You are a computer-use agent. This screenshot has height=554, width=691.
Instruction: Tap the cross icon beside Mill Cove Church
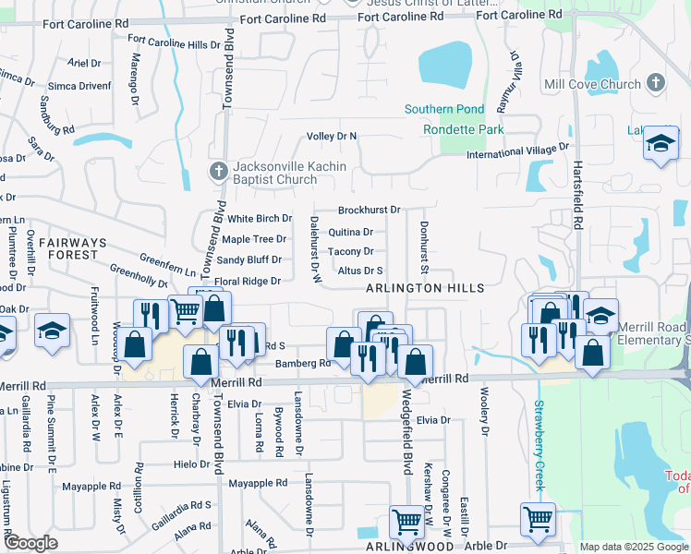click(x=655, y=83)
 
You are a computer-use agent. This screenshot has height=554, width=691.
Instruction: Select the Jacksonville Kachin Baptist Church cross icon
click(x=218, y=171)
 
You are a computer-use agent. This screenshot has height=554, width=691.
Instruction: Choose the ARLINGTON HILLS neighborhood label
click(x=425, y=289)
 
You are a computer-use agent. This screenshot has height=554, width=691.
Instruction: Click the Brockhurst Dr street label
click(x=369, y=211)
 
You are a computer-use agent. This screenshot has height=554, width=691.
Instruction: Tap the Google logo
click(x=30, y=543)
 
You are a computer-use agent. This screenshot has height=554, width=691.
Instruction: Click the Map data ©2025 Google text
click(x=633, y=547)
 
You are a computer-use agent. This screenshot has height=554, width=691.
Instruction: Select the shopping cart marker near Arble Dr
click(x=538, y=519)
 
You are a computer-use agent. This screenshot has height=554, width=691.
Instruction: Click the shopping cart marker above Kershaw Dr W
click(x=406, y=523)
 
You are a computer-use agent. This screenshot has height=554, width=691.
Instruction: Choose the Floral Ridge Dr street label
click(x=247, y=282)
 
